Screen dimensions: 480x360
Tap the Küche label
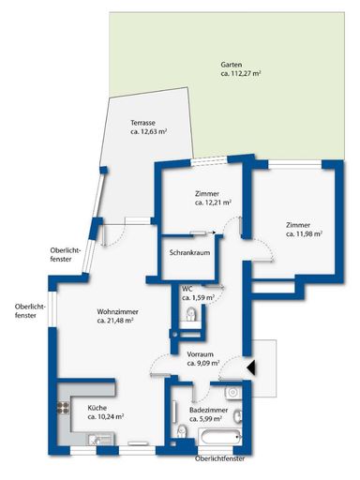[97, 408]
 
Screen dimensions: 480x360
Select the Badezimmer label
[206, 411]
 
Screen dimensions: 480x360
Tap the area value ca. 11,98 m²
[305, 234]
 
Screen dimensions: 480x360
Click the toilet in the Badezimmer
[182, 431]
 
